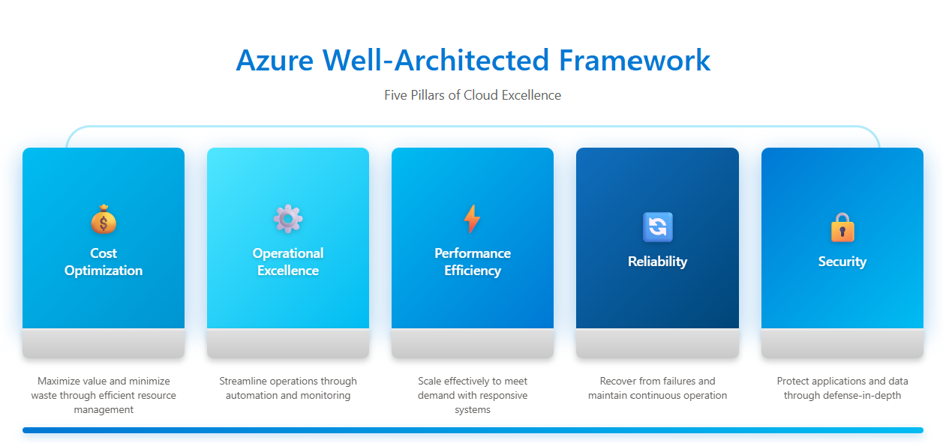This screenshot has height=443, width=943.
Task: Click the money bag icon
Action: pyautogui.click(x=104, y=220)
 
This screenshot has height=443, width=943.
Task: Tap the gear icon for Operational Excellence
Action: pyautogui.click(x=288, y=219)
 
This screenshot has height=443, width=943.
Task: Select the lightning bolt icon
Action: pyautogui.click(x=472, y=219)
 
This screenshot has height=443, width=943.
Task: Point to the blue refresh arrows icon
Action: pyautogui.click(x=657, y=227)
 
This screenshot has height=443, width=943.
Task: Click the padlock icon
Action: pyautogui.click(x=842, y=227)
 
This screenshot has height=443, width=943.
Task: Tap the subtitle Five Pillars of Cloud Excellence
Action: pyautogui.click(x=473, y=95)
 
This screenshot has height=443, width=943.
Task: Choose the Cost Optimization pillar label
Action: pyautogui.click(x=104, y=262)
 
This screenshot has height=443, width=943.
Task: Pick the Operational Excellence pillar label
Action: pyautogui.click(x=288, y=262)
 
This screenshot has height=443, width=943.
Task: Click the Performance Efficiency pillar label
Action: pyautogui.click(x=473, y=262)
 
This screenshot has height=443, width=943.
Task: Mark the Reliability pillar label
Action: pyautogui.click(x=657, y=262)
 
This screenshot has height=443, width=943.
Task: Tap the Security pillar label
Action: pyautogui.click(x=842, y=262)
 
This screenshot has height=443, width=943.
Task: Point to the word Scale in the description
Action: pyautogui.click(x=431, y=382)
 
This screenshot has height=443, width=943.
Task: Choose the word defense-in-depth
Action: pyautogui.click(x=867, y=395)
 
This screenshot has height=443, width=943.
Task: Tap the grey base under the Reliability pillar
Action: pyautogui.click(x=657, y=343)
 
